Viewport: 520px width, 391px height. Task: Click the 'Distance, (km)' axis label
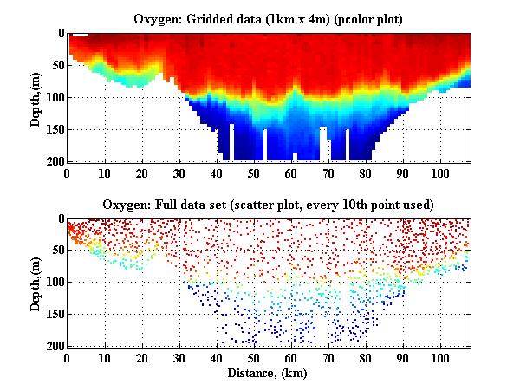click(269, 373)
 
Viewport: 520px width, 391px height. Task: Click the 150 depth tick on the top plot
click(53, 129)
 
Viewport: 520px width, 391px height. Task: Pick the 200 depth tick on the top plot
click(53, 161)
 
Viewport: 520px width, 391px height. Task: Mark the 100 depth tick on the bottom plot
click(53, 283)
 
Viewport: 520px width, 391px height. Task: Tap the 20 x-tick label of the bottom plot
click(141, 358)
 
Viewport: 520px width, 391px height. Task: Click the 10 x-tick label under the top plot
click(104, 173)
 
